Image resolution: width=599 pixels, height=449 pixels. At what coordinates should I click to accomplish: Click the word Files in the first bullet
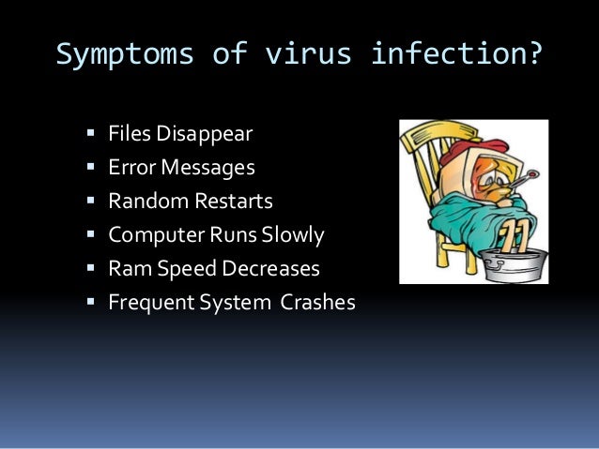[129, 134]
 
